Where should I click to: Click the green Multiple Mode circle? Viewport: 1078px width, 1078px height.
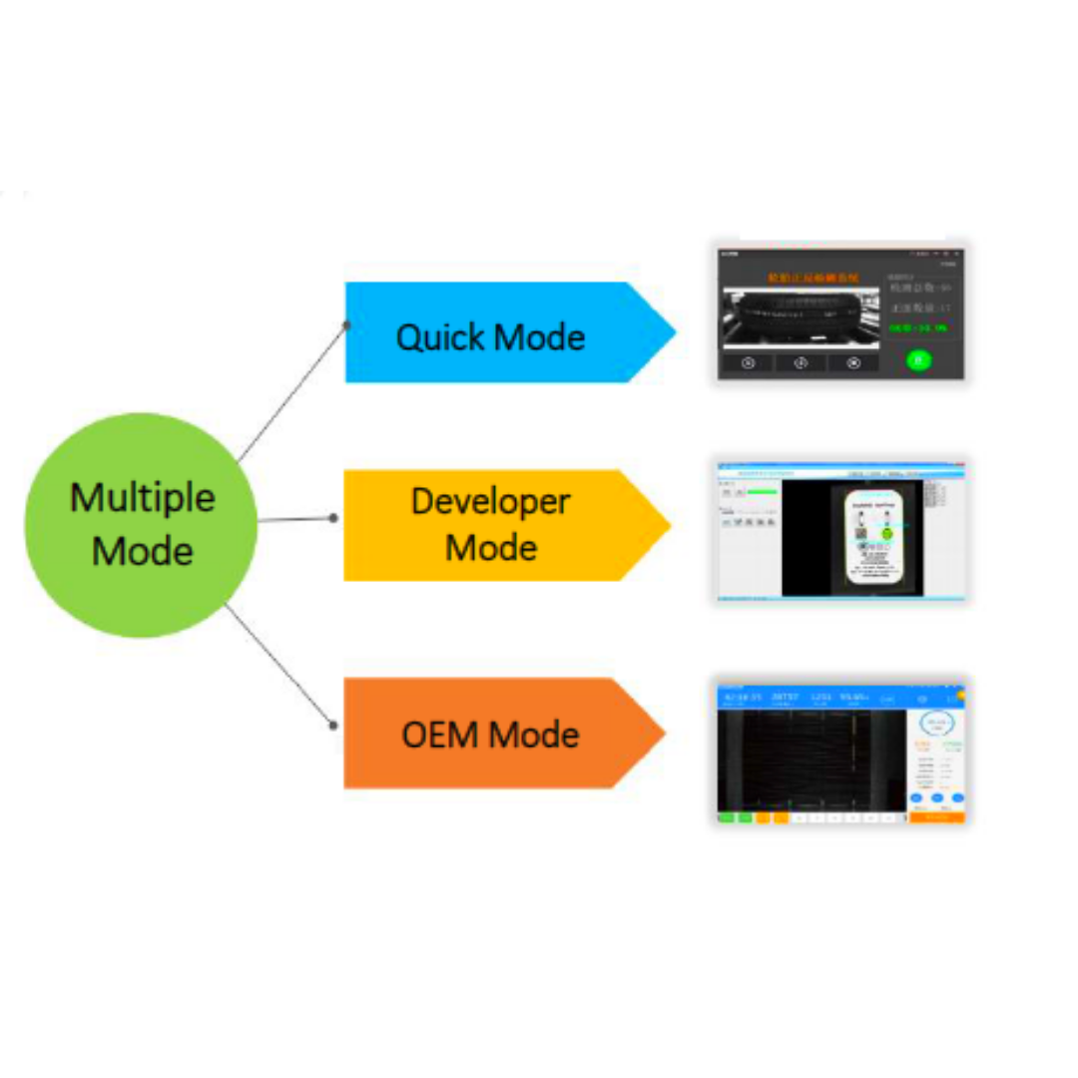(x=141, y=525)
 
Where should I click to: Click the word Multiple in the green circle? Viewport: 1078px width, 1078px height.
(x=142, y=497)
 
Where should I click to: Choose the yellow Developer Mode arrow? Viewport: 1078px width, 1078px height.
(x=499, y=525)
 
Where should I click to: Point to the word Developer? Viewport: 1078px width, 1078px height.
(x=491, y=501)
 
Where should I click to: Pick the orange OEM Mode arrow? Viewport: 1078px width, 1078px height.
(x=499, y=734)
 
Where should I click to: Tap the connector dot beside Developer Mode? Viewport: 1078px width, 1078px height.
(x=333, y=518)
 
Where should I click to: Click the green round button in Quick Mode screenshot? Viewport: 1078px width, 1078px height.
(x=918, y=360)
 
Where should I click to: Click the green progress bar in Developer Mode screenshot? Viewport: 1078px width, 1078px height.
(x=763, y=491)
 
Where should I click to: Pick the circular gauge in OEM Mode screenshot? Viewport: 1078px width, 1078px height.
(x=938, y=724)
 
